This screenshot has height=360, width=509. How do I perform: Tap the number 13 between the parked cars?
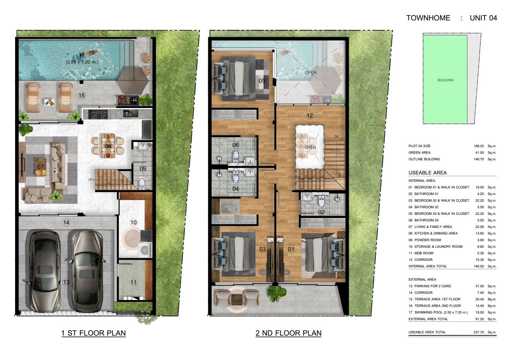click(x=66, y=282)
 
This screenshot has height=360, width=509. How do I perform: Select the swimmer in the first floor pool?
click(x=93, y=53)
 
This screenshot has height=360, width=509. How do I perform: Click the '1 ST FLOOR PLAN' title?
click(x=93, y=333)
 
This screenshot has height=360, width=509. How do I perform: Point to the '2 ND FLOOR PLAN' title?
click(x=288, y=333)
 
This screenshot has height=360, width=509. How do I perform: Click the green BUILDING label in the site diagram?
click(x=445, y=80)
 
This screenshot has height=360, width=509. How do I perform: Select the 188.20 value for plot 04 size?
click(x=476, y=146)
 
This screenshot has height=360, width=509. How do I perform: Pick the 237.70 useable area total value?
click(x=476, y=332)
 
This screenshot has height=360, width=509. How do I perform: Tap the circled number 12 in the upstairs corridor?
click(x=310, y=116)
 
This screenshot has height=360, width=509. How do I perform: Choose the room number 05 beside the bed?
click(x=262, y=81)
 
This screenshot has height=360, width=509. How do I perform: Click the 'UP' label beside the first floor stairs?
click(x=90, y=180)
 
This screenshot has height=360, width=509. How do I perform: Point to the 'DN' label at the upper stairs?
click(x=336, y=137)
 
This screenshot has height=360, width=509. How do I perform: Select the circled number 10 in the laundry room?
click(x=133, y=222)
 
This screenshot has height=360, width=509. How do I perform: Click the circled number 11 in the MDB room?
click(x=133, y=283)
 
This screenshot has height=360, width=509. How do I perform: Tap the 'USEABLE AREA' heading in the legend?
click(x=427, y=173)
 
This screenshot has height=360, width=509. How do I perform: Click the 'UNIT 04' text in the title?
click(x=483, y=18)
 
